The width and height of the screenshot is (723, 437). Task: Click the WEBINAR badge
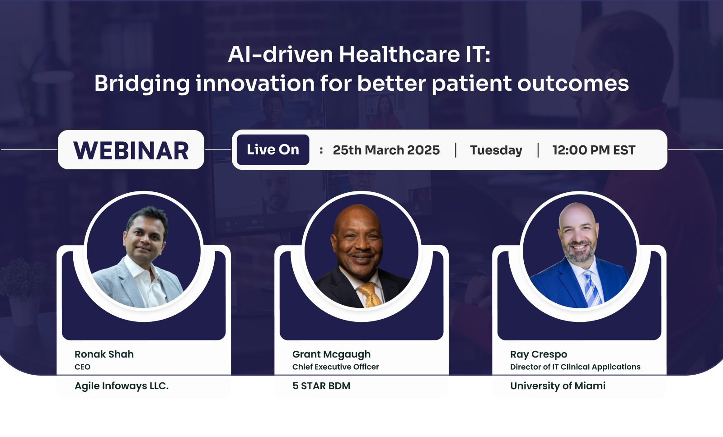click(131, 149)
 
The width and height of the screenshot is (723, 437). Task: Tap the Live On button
click(273, 149)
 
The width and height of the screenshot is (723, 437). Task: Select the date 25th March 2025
click(386, 150)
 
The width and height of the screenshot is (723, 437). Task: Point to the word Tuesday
click(496, 150)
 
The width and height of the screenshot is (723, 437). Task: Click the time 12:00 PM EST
click(594, 150)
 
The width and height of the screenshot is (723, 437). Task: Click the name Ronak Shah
click(104, 354)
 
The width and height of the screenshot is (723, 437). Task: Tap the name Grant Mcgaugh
click(332, 354)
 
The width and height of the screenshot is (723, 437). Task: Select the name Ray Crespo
click(539, 354)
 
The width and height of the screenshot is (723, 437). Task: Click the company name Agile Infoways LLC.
click(122, 386)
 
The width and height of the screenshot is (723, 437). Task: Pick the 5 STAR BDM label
click(321, 386)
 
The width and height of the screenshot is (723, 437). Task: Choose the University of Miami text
click(558, 386)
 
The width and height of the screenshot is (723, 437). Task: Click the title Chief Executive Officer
click(336, 367)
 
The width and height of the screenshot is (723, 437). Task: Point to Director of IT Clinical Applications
click(576, 367)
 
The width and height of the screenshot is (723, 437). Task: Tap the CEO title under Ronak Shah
click(82, 367)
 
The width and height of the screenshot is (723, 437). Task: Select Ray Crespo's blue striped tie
click(592, 288)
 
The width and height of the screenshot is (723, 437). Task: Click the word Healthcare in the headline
click(399, 54)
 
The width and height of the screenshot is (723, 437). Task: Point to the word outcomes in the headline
click(573, 84)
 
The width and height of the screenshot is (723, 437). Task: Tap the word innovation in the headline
click(255, 83)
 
